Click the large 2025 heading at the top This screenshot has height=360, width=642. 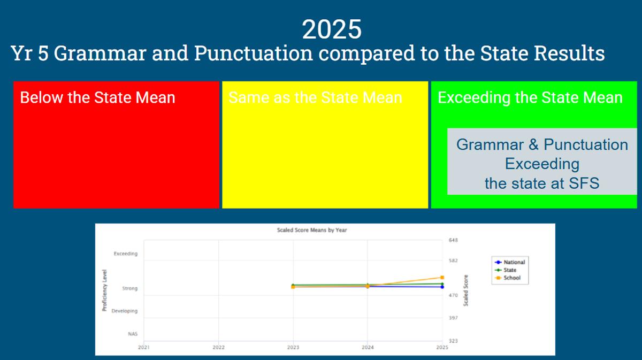332,29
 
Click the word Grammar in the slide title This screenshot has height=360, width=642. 100,53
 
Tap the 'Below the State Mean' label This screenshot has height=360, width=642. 97,97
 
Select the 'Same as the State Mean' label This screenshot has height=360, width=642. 315,97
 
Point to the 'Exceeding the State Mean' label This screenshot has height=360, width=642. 530,97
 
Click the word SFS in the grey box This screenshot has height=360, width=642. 584,183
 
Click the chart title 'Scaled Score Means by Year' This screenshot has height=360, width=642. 312,230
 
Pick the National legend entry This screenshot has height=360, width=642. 510,262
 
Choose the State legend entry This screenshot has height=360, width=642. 506,270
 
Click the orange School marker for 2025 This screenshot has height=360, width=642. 442,278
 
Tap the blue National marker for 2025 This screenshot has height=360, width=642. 442,287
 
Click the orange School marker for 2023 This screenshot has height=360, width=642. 293,287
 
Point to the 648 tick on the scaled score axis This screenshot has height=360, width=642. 454,240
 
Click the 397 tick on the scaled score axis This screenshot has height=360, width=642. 454,318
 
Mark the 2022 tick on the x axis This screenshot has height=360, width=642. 218,347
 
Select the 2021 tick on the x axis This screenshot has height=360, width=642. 143,347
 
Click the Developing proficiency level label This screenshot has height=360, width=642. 124,311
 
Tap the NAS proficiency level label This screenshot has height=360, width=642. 133,334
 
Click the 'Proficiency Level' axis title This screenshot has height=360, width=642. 105,290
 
